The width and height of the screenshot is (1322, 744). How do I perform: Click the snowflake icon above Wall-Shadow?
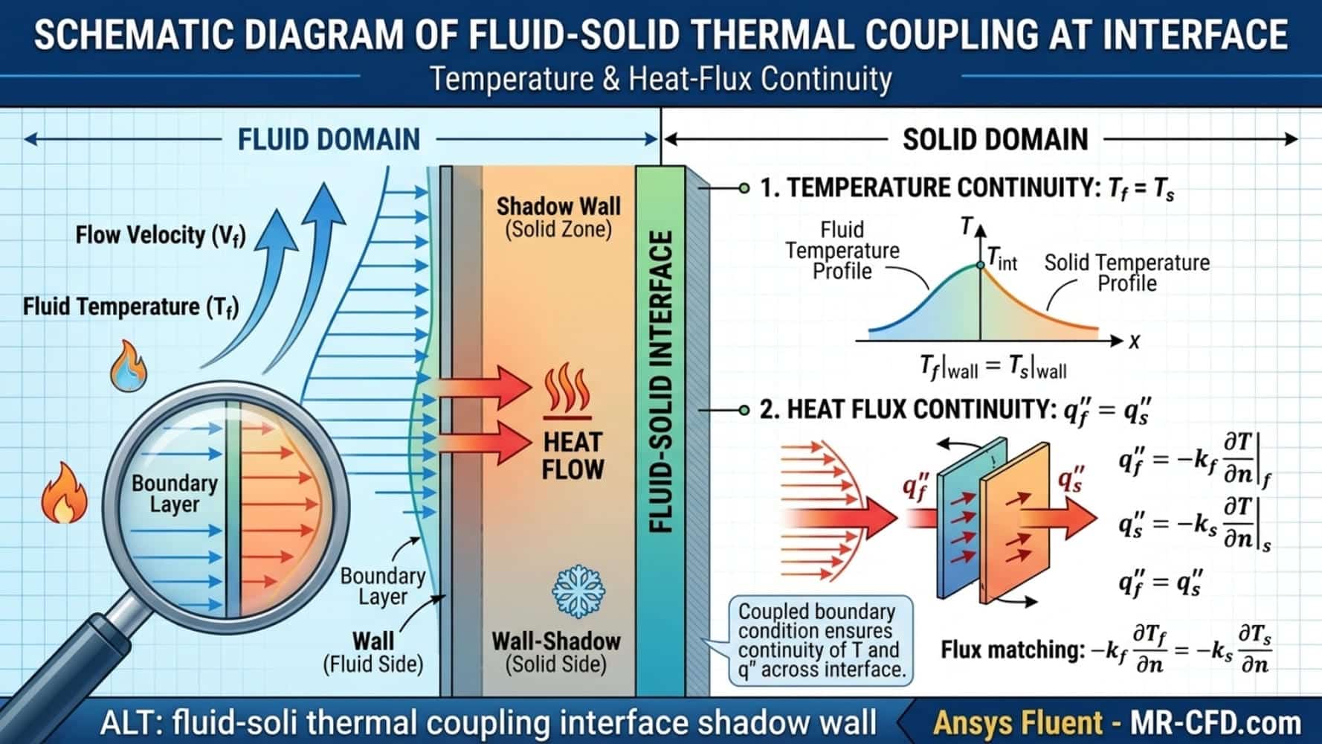coord(578,591)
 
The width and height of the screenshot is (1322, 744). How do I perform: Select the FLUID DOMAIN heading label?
coord(329,139)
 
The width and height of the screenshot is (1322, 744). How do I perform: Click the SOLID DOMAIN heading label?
coord(995,139)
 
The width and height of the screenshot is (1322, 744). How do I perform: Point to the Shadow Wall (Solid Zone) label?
coord(558,217)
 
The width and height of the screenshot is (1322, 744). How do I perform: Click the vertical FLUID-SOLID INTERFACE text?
coord(660,382)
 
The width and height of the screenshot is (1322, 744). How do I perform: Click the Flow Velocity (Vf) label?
coord(161,236)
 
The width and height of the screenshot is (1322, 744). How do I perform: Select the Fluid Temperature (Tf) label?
coord(131,307)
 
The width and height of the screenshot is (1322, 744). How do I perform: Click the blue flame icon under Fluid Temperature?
coord(129,366)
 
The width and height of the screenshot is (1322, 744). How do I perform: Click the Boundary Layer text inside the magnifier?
coord(175,493)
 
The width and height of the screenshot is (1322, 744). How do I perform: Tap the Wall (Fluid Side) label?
coord(373,652)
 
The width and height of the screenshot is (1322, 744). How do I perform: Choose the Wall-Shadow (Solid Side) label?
coord(556,652)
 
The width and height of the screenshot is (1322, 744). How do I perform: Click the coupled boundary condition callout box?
coord(821,641)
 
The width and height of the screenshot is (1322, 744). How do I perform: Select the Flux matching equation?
coord(1106,649)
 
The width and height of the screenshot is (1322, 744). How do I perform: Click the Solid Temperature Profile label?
coord(1127,272)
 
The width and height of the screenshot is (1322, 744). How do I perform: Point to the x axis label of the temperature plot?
coord(1134,341)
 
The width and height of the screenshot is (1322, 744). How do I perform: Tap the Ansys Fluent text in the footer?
coord(1018,722)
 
